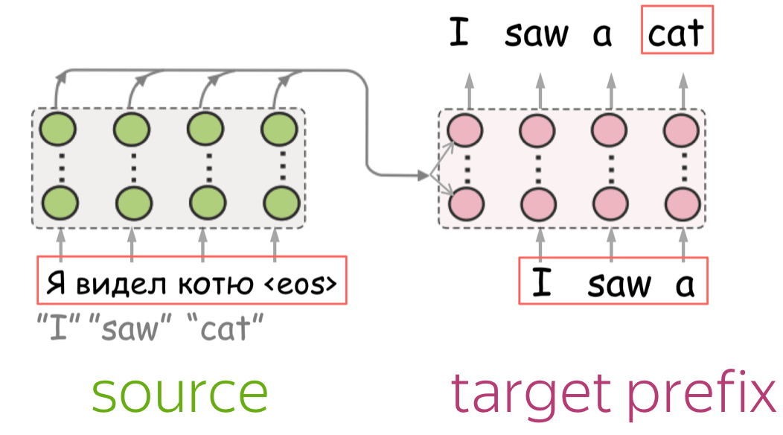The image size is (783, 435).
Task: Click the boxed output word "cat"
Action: pyautogui.click(x=676, y=33)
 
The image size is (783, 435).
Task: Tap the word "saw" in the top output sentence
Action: pyautogui.click(x=537, y=34)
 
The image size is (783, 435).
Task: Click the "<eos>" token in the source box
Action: pyautogui.click(x=301, y=284)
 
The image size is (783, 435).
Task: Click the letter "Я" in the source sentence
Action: pyautogui.click(x=56, y=284)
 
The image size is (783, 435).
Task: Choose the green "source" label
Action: pyautogui.click(x=180, y=395)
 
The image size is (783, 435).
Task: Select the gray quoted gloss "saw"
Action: pyautogui.click(x=130, y=327)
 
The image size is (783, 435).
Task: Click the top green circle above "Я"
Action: pyautogui.click(x=58, y=129)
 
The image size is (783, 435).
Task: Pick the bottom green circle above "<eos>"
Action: pyautogui.click(x=281, y=203)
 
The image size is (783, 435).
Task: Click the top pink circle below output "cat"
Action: pyautogui.click(x=681, y=130)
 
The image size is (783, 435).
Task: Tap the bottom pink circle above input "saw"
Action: pyautogui.click(x=610, y=205)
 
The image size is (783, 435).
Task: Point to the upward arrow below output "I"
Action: pyautogui.click(x=469, y=91)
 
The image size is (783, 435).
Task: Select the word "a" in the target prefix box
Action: pyautogui.click(x=685, y=285)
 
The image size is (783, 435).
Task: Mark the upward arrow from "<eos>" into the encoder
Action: pyautogui.click(x=275, y=244)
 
